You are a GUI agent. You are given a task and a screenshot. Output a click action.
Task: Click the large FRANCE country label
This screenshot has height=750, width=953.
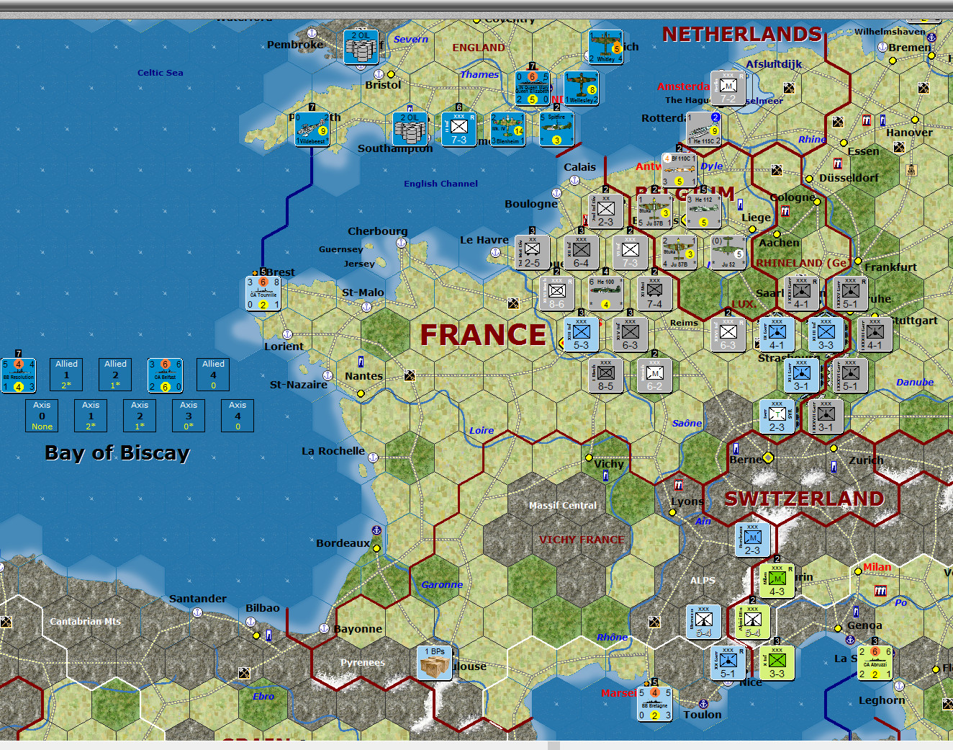tap(483, 335)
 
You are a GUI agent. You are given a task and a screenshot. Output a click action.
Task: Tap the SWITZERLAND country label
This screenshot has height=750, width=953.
tap(804, 499)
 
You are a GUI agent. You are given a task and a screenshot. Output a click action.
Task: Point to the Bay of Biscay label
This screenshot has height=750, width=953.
tap(117, 453)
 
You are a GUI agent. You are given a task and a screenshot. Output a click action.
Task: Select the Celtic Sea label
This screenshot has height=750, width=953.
tap(160, 73)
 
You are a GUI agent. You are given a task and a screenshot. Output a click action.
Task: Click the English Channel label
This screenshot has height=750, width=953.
tap(441, 184)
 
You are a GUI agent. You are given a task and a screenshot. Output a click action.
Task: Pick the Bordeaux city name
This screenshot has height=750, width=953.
tap(343, 543)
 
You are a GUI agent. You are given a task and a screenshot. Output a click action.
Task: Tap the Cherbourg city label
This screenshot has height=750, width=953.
tap(377, 231)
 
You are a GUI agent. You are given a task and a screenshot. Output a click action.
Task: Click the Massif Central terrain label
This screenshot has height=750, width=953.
tap(563, 506)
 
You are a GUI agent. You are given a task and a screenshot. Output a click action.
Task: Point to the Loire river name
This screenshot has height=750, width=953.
tap(482, 430)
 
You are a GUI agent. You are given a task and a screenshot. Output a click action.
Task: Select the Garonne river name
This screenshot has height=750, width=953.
tap(442, 584)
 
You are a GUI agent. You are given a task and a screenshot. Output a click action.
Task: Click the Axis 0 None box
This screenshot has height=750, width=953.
tap(42, 416)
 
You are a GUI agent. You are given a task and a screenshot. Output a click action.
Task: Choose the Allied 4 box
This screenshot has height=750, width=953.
tap(213, 375)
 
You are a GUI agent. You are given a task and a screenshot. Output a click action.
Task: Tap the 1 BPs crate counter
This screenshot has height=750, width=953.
tap(434, 663)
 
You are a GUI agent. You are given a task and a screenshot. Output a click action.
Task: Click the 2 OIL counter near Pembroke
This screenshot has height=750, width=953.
tap(361, 47)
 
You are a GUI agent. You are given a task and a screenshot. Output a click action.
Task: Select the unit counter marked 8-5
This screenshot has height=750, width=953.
tap(606, 375)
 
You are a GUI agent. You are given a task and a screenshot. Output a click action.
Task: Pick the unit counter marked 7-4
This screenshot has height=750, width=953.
tap(654, 293)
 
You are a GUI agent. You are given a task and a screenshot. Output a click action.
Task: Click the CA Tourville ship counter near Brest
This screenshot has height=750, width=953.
tap(263, 293)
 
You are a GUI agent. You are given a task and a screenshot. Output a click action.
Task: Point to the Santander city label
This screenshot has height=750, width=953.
tap(197, 599)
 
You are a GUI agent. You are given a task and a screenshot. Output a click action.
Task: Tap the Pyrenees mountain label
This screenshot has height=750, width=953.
tap(362, 663)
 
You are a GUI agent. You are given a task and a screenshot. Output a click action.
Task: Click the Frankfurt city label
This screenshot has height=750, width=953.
tap(890, 267)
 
